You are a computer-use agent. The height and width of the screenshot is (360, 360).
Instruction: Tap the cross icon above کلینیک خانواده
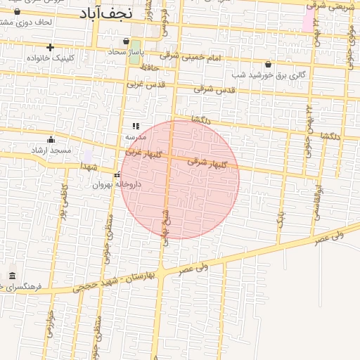pos(50,47)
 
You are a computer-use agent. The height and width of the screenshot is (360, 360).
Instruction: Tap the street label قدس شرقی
pos(214,89)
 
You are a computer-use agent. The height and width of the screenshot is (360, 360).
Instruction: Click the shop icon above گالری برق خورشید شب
pos(268,64)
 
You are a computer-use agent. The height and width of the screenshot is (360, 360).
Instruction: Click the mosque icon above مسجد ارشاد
pos(51,140)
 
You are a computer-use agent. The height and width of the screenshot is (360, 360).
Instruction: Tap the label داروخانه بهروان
pos(117,184)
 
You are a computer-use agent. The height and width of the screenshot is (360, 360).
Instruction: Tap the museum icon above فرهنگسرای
pos(12,276)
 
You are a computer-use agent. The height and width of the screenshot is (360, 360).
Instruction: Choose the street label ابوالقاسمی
pos(318,202)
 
